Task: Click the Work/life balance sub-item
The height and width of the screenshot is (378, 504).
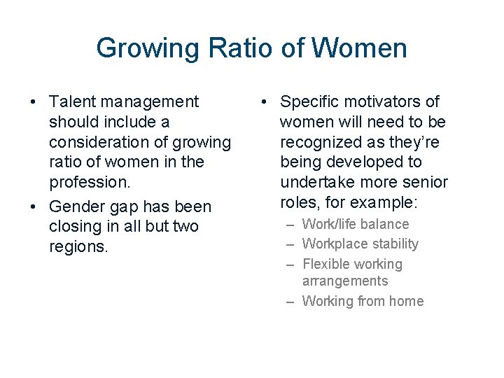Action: point(356,224)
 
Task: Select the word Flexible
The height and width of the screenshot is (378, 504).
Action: point(326,264)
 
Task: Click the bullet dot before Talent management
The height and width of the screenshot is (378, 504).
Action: point(34,102)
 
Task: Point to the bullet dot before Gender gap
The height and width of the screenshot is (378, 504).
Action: point(34,207)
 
